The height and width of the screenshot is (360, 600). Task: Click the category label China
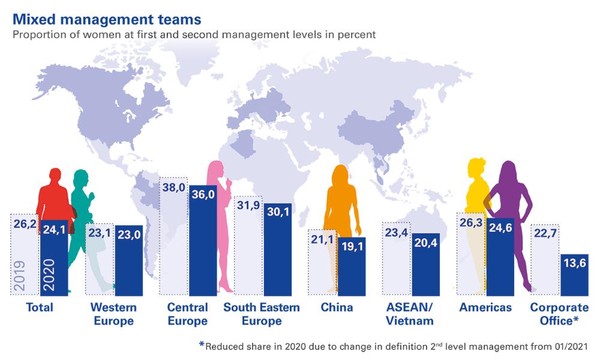point(337,308)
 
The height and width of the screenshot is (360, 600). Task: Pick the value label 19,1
point(351,247)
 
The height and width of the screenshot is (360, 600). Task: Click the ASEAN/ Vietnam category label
point(410,314)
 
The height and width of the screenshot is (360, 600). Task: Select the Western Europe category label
point(113,314)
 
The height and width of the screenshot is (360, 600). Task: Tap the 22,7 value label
point(544,235)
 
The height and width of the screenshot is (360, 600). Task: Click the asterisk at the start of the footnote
point(202,345)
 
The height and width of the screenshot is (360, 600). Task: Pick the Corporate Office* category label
point(554,314)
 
